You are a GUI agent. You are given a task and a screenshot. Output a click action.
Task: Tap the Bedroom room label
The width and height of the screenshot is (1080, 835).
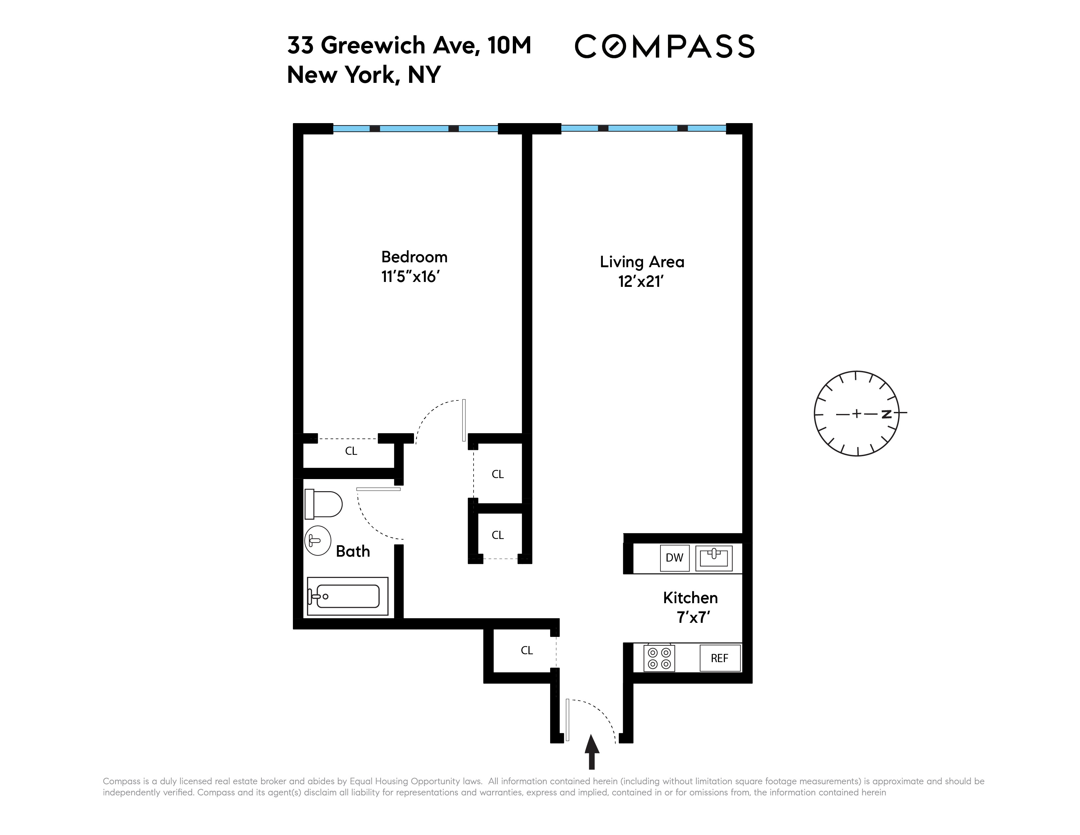[x=414, y=257]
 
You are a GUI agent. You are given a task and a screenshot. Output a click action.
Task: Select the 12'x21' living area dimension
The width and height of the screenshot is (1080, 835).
[x=640, y=282]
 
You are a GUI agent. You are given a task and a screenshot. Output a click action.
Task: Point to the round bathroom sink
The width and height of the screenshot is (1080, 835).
[x=317, y=541]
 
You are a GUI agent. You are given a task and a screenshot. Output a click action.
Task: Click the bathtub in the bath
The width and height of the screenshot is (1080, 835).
[x=348, y=596]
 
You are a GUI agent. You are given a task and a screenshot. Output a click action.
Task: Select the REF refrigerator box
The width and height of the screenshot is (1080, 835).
[x=719, y=658]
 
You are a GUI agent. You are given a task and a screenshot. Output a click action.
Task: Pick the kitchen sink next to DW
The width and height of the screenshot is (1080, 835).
[x=713, y=558]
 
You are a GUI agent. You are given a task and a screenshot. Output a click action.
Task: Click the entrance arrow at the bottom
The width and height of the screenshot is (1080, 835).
[x=591, y=751]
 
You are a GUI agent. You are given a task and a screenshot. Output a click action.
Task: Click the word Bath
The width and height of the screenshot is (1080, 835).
[x=352, y=551]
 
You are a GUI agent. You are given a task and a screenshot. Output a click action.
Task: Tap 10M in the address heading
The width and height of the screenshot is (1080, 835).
[x=509, y=46]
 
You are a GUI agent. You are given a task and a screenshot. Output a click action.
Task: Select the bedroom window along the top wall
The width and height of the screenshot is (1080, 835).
[x=415, y=129]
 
